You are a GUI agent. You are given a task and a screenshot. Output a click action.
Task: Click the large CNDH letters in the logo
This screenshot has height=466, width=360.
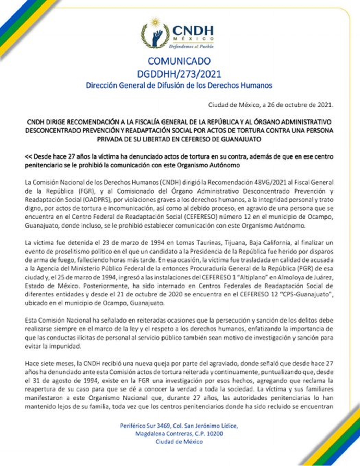click(x=193, y=31)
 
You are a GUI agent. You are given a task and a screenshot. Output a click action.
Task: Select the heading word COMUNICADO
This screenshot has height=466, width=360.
click(x=179, y=61)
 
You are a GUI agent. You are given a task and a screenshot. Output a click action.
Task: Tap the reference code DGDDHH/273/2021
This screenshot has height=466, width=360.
click(x=179, y=74)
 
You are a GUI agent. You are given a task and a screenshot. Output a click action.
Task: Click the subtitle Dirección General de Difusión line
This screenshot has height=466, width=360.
click(x=179, y=85)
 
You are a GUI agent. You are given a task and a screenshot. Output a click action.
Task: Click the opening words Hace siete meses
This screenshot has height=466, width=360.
click(x=49, y=363)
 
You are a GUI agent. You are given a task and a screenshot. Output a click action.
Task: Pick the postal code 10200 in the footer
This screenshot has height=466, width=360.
click(x=215, y=434)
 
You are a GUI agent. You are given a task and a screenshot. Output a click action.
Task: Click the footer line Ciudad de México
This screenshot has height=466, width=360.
click(x=179, y=442)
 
